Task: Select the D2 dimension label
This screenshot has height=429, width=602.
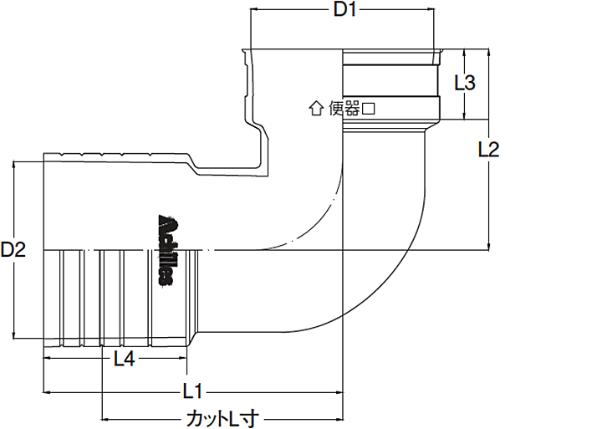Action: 14,249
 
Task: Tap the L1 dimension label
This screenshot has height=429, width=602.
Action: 194,391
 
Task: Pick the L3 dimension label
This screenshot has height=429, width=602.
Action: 465,83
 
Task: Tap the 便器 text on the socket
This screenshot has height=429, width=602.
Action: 343,108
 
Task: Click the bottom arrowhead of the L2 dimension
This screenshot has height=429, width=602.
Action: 488,246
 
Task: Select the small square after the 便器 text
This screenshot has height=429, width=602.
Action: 367,108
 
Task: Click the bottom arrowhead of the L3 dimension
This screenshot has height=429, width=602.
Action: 465,117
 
